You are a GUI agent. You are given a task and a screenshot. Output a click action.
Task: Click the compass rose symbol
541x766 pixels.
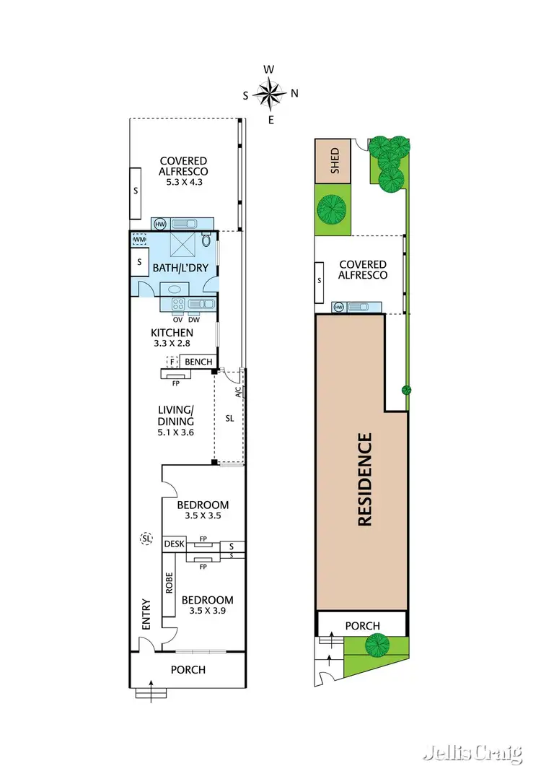(x=270, y=93)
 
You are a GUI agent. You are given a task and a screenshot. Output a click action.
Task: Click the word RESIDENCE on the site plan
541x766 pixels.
(x=365, y=479)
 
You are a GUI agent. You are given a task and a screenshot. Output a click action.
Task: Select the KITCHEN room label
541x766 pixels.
(x=172, y=333)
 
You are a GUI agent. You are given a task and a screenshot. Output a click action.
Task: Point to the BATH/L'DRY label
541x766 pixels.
(x=180, y=269)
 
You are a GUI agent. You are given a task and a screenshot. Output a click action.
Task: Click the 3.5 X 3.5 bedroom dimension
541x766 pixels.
(x=203, y=516)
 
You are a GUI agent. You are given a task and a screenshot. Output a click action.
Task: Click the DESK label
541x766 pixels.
(x=174, y=544)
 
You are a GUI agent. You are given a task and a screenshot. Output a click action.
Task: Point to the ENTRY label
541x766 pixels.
(x=146, y=613)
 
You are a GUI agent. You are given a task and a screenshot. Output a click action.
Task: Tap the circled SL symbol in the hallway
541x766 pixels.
(x=146, y=539)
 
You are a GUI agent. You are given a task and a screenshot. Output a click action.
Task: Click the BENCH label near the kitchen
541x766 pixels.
(x=198, y=361)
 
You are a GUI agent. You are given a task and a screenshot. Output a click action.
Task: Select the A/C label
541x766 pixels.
(x=238, y=393)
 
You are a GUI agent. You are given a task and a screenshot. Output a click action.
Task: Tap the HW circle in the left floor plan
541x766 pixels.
(x=159, y=224)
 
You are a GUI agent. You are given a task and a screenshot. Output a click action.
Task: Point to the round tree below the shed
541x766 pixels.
(x=333, y=209)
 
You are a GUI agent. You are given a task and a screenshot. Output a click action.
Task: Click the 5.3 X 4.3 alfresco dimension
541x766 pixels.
(x=183, y=182)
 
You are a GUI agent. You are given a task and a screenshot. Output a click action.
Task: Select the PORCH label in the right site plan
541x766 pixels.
(x=362, y=625)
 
